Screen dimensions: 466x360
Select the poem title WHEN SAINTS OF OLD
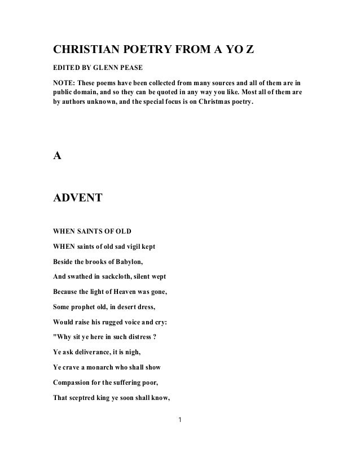94,230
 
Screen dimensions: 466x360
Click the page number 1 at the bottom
179,420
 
